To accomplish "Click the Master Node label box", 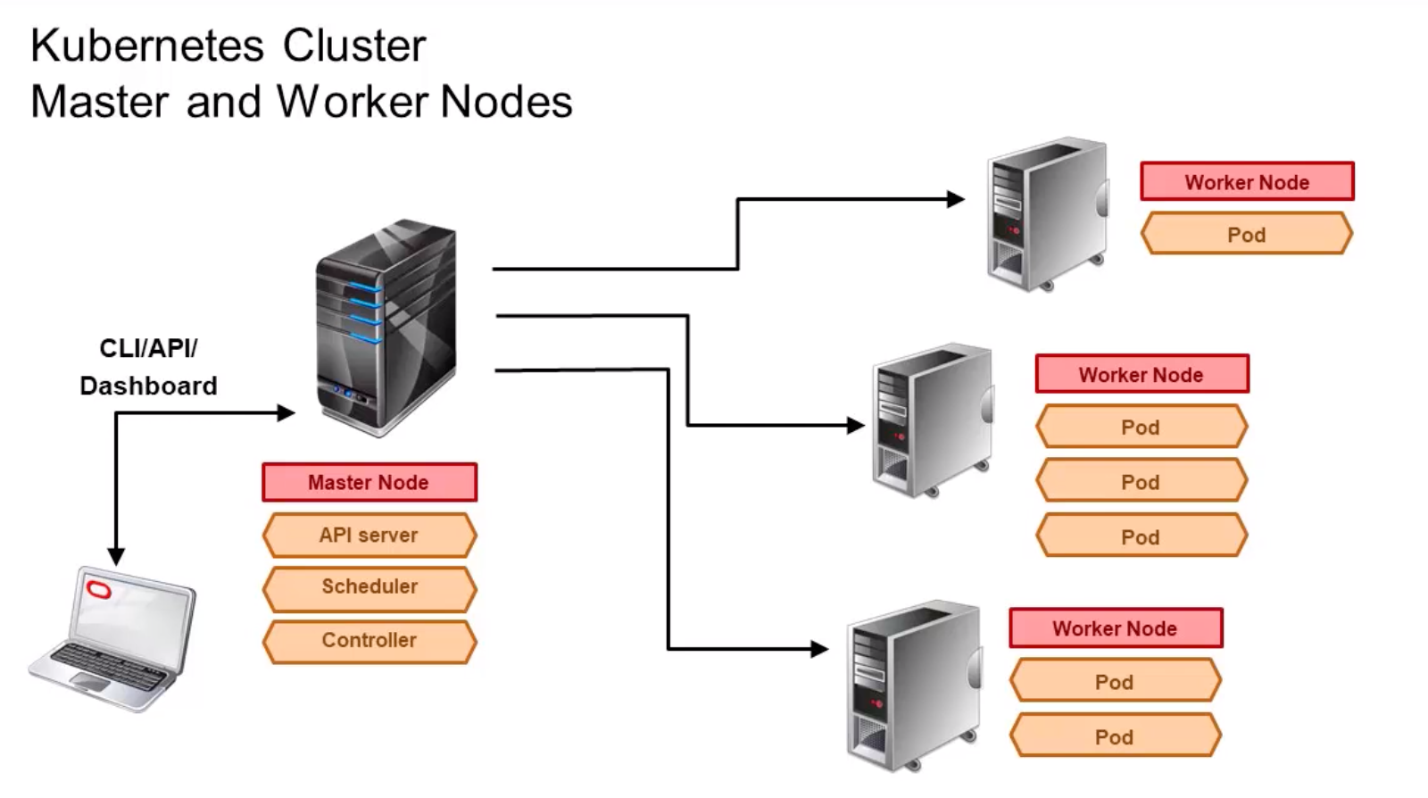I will coord(369,482).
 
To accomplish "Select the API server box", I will coord(369,535).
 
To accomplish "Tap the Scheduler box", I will coord(369,586).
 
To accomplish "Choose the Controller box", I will coord(369,640).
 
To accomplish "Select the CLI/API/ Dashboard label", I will coord(148,367).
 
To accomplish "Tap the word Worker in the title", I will coord(353,102).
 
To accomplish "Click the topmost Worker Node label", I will coord(1246,182).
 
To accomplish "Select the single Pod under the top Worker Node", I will coord(1246,235).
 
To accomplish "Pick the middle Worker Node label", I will coord(1141,375).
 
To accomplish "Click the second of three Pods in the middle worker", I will coord(1141,482).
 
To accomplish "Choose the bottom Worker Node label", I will coord(1115,628).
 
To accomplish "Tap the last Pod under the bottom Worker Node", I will coord(1115,737).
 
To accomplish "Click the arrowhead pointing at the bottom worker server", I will coord(820,649).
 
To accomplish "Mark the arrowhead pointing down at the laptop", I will coord(116,556).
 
